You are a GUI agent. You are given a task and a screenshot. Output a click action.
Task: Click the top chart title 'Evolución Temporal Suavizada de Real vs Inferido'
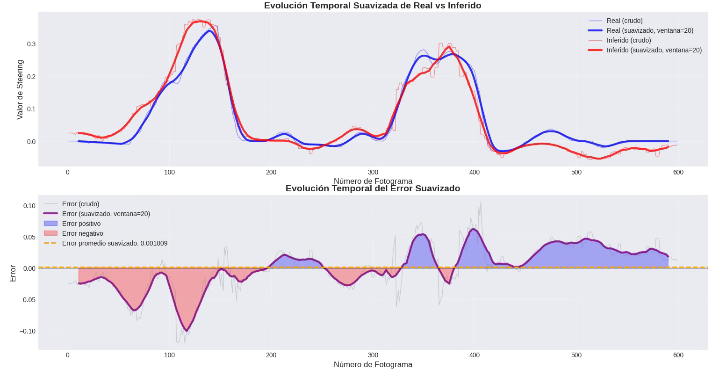coord(373,6)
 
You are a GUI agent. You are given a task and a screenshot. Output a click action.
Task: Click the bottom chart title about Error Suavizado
coord(373,188)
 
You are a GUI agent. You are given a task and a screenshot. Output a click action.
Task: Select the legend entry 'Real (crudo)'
coord(624,21)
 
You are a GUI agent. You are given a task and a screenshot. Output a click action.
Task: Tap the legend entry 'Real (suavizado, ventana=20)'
coord(649,30)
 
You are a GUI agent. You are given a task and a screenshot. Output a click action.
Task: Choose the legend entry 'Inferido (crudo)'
coord(628,40)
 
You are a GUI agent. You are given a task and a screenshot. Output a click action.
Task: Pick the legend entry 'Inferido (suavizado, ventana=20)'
coord(654,50)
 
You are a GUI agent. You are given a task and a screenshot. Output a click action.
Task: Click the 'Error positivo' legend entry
coord(81,224)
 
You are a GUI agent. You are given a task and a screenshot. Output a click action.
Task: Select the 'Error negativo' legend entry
coord(82,233)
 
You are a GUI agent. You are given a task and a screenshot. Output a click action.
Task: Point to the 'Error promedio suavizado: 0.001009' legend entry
coord(115,243)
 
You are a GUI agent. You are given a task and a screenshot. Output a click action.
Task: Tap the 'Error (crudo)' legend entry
coord(80,204)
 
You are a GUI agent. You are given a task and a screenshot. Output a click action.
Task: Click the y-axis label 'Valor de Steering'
coord(20,89)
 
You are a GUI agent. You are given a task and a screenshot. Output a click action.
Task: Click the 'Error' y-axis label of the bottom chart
coord(13,273)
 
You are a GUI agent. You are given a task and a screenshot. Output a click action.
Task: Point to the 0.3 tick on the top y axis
coord(31,44)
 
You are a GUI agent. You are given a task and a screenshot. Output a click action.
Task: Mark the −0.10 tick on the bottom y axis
coord(27,331)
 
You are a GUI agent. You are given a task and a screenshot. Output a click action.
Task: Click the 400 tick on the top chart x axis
coord(475,172)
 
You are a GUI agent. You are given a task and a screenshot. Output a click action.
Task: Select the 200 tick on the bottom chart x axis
coord(271,355)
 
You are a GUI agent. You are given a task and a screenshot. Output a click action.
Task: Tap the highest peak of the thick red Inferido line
coord(200,21)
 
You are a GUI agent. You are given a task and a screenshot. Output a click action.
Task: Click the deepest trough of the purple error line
coord(187,331)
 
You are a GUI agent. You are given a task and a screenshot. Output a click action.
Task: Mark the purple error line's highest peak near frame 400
coord(474,229)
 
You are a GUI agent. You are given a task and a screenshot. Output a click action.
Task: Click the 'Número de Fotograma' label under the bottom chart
coord(373,364)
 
